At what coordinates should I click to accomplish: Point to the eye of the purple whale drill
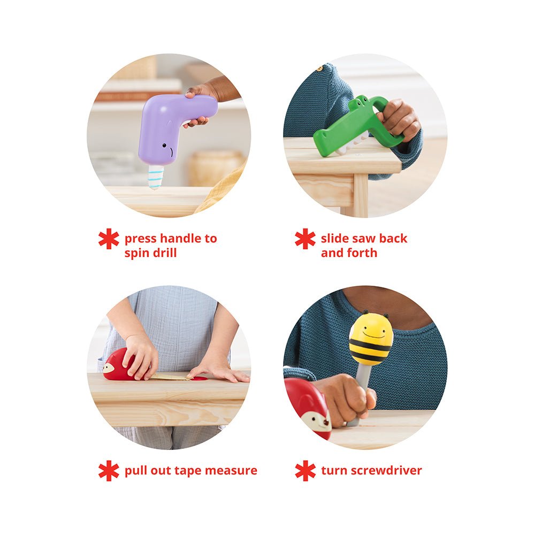click(x=164, y=146)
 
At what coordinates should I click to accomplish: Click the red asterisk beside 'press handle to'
click(x=109, y=239)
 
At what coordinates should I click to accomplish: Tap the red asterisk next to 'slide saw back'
click(x=305, y=239)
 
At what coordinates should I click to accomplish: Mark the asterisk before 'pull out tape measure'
click(x=109, y=470)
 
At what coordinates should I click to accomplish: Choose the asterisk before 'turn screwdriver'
click(x=305, y=470)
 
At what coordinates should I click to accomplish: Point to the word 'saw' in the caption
click(x=362, y=239)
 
